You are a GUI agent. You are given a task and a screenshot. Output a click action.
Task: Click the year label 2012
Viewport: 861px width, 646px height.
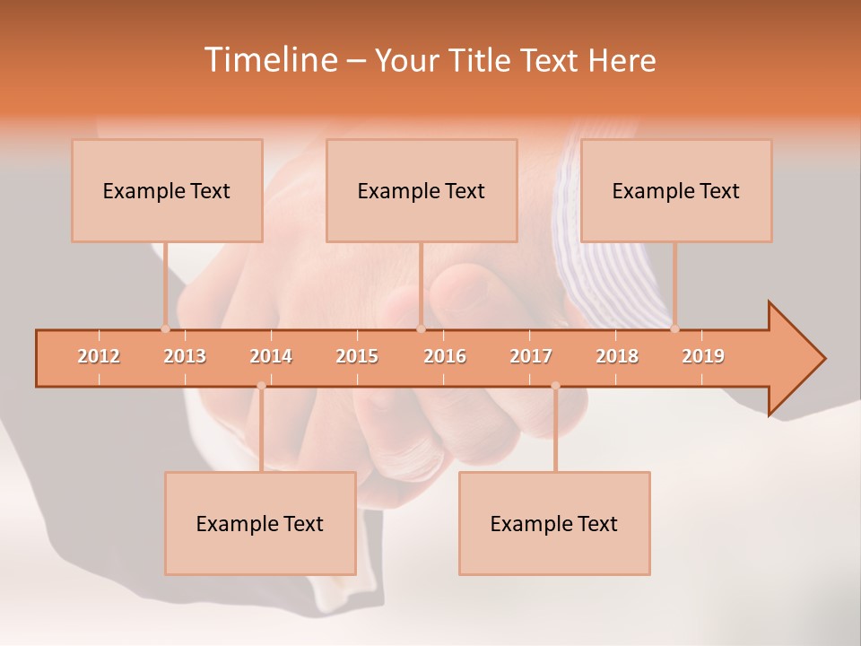(99, 356)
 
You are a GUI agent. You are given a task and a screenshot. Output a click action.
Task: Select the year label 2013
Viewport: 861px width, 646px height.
(185, 356)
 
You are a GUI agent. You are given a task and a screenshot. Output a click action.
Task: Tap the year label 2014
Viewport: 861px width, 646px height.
(271, 356)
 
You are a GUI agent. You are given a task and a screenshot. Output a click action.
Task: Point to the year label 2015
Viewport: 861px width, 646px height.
(357, 356)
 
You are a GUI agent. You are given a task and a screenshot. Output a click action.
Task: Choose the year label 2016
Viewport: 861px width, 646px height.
(445, 356)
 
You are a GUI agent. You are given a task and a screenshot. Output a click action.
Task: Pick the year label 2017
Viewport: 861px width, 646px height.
(531, 356)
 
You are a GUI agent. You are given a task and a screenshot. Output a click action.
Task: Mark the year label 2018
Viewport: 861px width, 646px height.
(617, 356)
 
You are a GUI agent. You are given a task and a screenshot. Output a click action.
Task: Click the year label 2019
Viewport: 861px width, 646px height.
(703, 356)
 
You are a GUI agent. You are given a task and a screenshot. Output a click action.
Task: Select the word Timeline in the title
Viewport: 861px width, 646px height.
(269, 60)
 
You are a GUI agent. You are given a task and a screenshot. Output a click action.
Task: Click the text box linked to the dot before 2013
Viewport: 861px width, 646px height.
(167, 190)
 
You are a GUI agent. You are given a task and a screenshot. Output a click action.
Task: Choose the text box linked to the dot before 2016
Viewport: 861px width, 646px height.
(422, 190)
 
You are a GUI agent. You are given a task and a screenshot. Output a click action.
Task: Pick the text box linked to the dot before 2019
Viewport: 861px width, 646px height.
(676, 190)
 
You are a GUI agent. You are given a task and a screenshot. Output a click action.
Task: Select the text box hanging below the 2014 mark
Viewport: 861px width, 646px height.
(260, 523)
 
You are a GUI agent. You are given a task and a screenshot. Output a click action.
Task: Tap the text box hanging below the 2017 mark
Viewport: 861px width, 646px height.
(554, 523)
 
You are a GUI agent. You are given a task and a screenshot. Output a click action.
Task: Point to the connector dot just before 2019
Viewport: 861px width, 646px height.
(674, 328)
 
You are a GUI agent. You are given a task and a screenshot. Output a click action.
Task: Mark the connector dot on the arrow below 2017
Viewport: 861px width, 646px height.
(555, 386)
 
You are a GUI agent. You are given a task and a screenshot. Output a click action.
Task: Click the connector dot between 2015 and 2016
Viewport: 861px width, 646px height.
(421, 328)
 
